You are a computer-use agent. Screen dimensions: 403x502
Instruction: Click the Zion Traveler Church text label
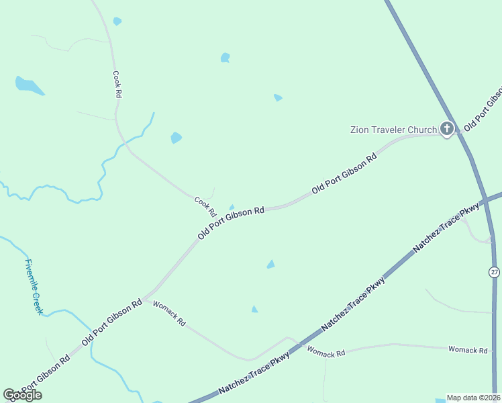(393, 130)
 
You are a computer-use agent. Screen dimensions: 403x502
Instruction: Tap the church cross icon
(447, 129)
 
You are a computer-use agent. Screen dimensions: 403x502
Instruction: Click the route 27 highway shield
(494, 271)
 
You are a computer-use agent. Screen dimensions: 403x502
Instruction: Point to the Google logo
(22, 395)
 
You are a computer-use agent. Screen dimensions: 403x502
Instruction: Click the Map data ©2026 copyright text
(474, 398)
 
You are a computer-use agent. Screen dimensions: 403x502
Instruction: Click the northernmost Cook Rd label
(117, 85)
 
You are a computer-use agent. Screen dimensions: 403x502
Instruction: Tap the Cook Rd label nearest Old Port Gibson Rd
(205, 206)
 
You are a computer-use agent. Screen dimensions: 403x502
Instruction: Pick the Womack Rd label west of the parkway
(169, 314)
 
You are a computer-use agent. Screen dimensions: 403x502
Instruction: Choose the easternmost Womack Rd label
(468, 350)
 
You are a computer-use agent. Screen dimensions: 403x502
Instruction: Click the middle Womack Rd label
(325, 351)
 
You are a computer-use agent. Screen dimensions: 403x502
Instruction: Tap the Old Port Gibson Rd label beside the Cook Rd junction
(231, 223)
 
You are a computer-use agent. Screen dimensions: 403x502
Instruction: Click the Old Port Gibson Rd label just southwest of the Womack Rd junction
(112, 322)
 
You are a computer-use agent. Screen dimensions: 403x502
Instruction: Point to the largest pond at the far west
(28, 85)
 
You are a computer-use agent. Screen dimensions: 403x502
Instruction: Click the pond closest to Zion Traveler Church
(278, 98)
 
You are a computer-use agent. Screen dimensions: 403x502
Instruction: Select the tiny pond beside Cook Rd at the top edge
(117, 21)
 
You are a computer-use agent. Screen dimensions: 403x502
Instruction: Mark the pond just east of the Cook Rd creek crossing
(176, 138)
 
